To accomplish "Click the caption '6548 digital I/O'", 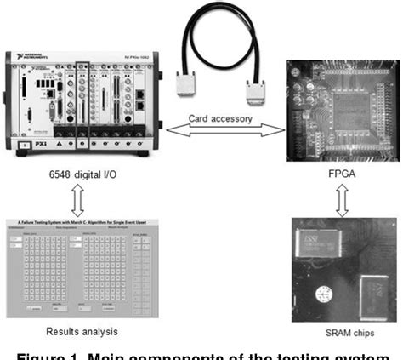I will point(79,174).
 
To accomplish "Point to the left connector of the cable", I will point(189,82).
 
